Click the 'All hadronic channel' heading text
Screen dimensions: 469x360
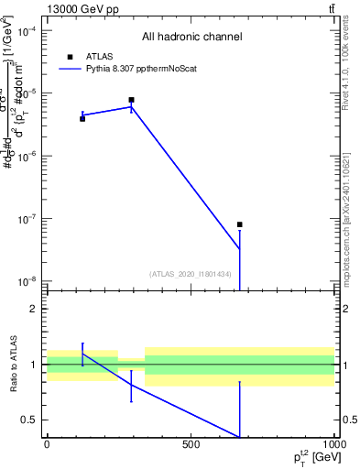(191, 38)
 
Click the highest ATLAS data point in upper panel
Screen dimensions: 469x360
(132, 100)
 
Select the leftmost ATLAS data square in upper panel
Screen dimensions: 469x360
(82, 118)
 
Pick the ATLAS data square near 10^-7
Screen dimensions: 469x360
(240, 224)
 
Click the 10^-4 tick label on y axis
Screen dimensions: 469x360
(27, 31)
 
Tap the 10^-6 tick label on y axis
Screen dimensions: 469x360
(27, 157)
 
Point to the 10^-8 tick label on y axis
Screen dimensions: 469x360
(27, 281)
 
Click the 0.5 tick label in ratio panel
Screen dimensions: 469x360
(29, 420)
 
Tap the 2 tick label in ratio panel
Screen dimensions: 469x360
(34, 309)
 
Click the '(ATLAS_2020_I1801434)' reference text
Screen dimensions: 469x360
(190, 274)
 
